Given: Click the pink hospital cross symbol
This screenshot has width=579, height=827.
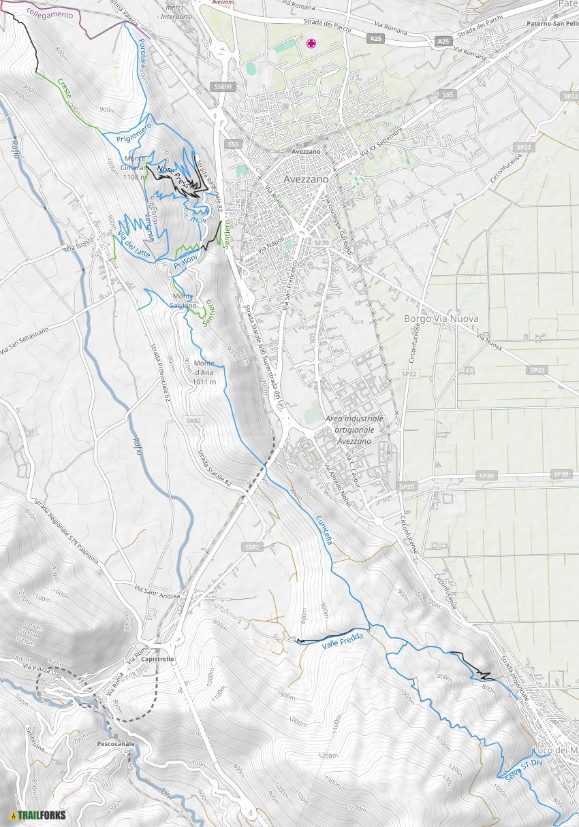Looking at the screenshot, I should [311, 44].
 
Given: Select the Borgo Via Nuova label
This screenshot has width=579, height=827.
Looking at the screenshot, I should [441, 319].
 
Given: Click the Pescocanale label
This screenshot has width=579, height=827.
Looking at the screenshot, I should [115, 744].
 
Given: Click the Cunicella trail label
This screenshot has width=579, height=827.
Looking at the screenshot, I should [324, 530].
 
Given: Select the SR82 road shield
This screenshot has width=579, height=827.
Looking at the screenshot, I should [193, 421].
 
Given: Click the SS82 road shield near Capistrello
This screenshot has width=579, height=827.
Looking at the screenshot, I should [251, 547].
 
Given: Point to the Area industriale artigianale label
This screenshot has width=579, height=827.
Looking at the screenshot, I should [354, 429].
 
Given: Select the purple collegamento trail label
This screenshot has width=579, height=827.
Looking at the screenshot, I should [49, 14].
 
